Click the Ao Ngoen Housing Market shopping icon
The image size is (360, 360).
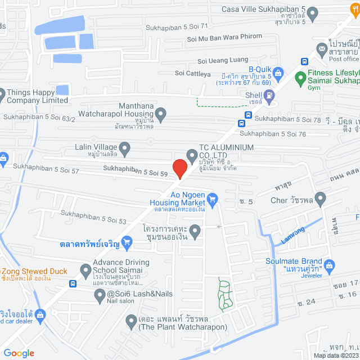coord(212,198)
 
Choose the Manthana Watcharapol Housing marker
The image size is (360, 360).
coord(161,115)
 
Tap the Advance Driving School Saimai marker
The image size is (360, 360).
coord(86,271)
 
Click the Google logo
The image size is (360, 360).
coord(19,353)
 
